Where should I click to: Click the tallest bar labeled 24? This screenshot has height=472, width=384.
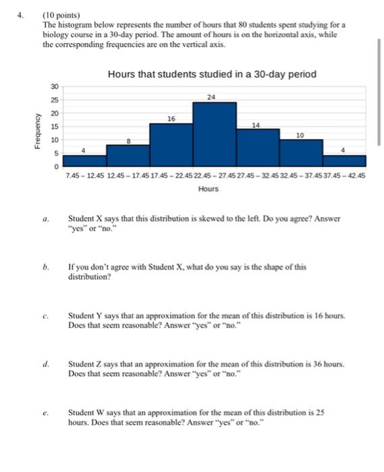[x=214, y=134]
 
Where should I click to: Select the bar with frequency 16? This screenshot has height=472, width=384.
[x=171, y=144]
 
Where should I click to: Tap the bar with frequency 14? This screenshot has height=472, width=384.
[x=257, y=147]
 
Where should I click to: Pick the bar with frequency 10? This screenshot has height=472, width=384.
[x=301, y=152]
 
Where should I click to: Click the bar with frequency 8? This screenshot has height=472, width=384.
[x=128, y=155]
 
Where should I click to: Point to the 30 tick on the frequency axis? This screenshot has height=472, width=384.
[x=55, y=86]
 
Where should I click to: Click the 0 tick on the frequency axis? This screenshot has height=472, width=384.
[x=57, y=166]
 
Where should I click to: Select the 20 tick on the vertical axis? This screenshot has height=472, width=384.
[x=55, y=113]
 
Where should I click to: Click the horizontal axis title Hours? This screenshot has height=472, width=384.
[x=209, y=189]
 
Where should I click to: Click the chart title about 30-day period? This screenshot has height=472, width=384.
[x=211, y=74]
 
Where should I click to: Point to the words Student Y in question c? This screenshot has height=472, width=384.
[x=84, y=315]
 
